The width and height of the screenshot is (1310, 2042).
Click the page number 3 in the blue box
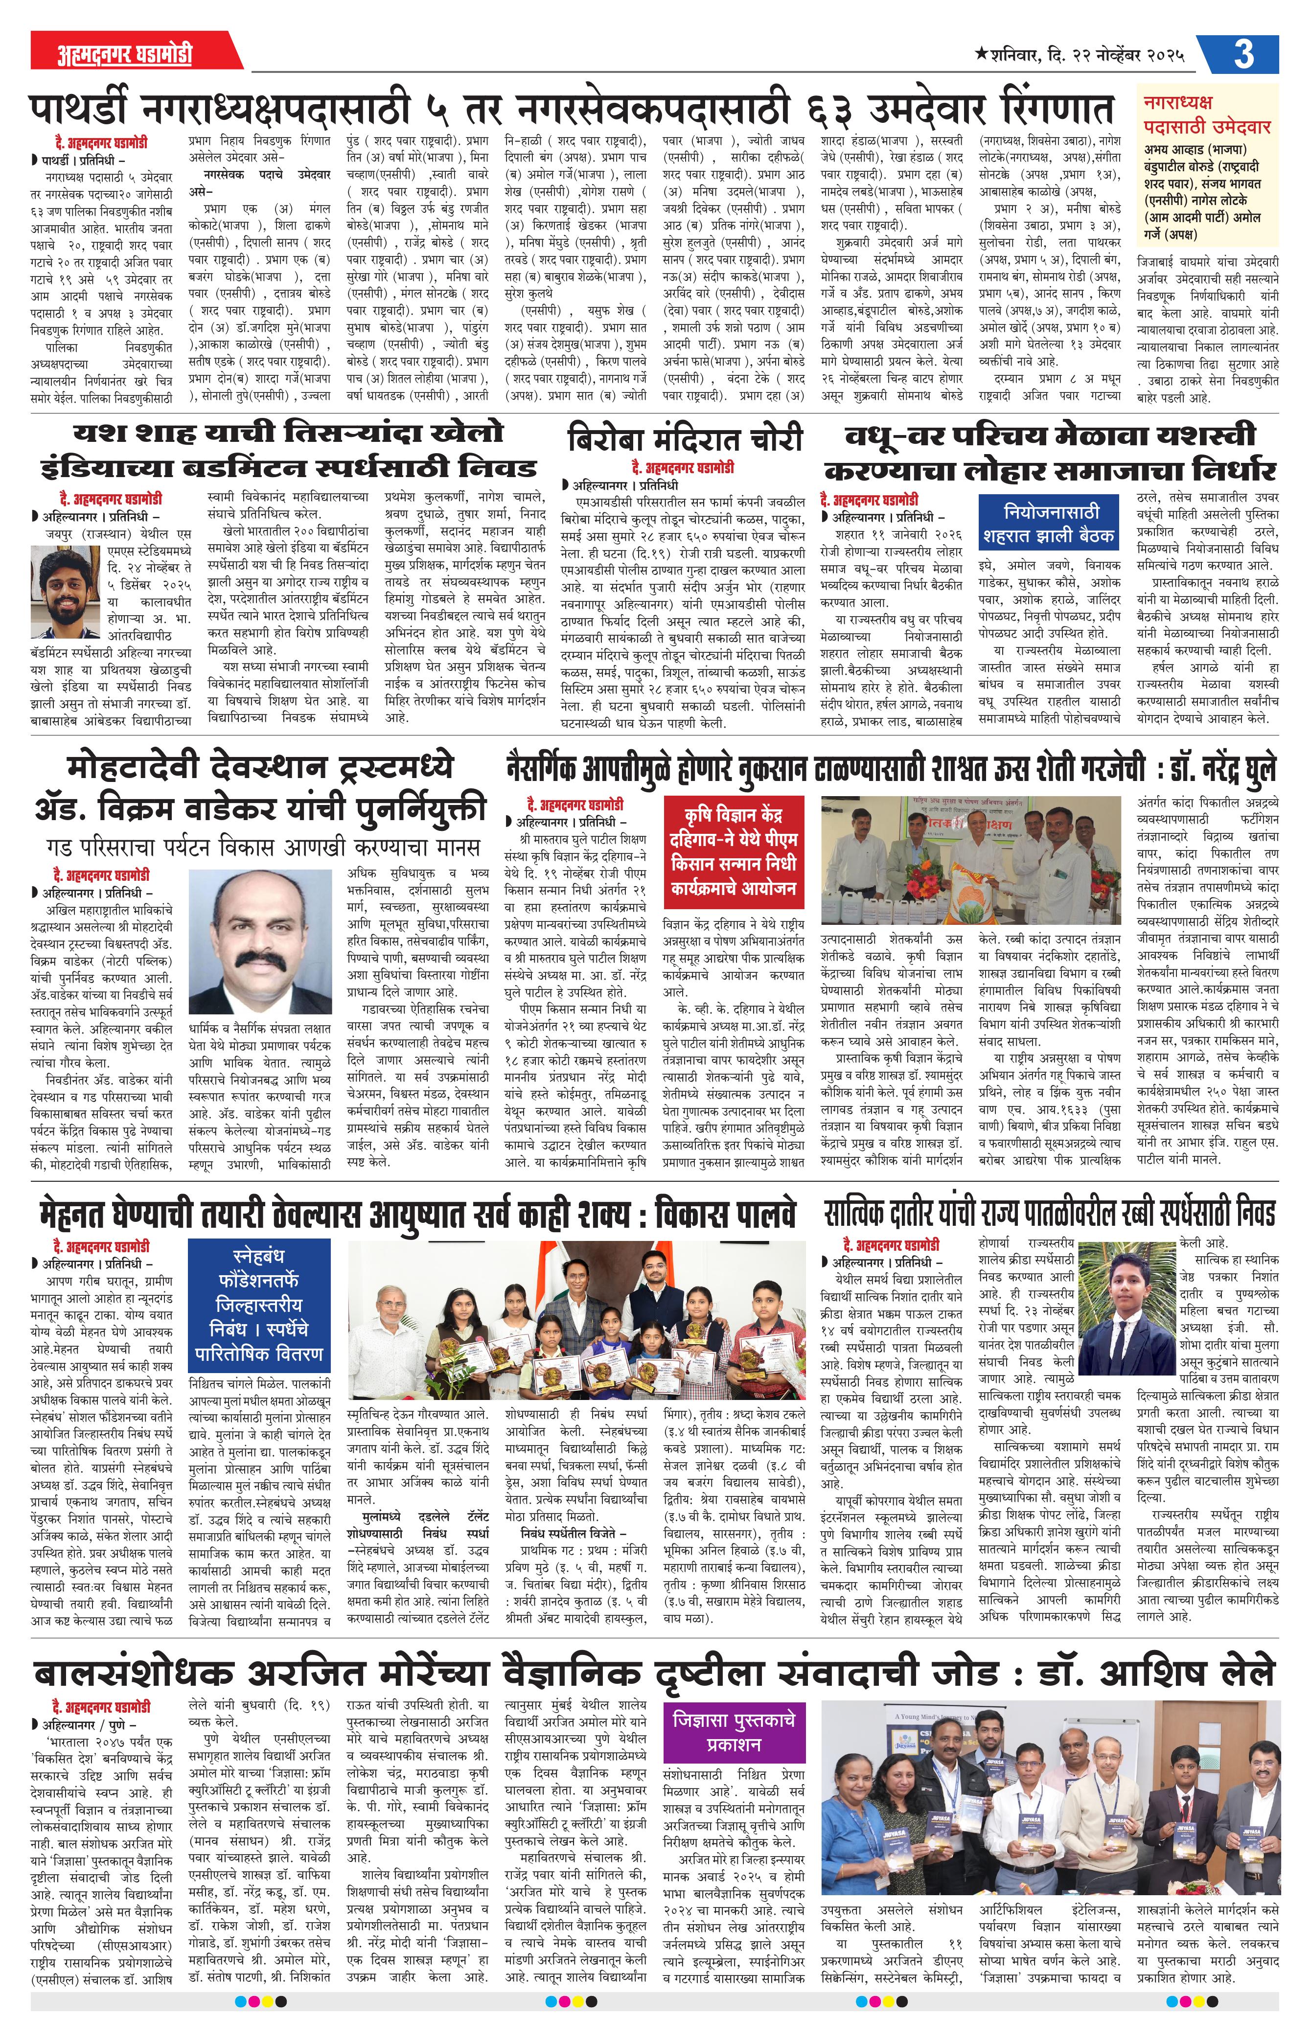point(1243,54)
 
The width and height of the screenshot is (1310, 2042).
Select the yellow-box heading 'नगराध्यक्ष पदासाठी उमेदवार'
point(1207,115)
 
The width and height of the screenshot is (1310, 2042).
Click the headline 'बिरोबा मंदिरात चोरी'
point(685,439)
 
